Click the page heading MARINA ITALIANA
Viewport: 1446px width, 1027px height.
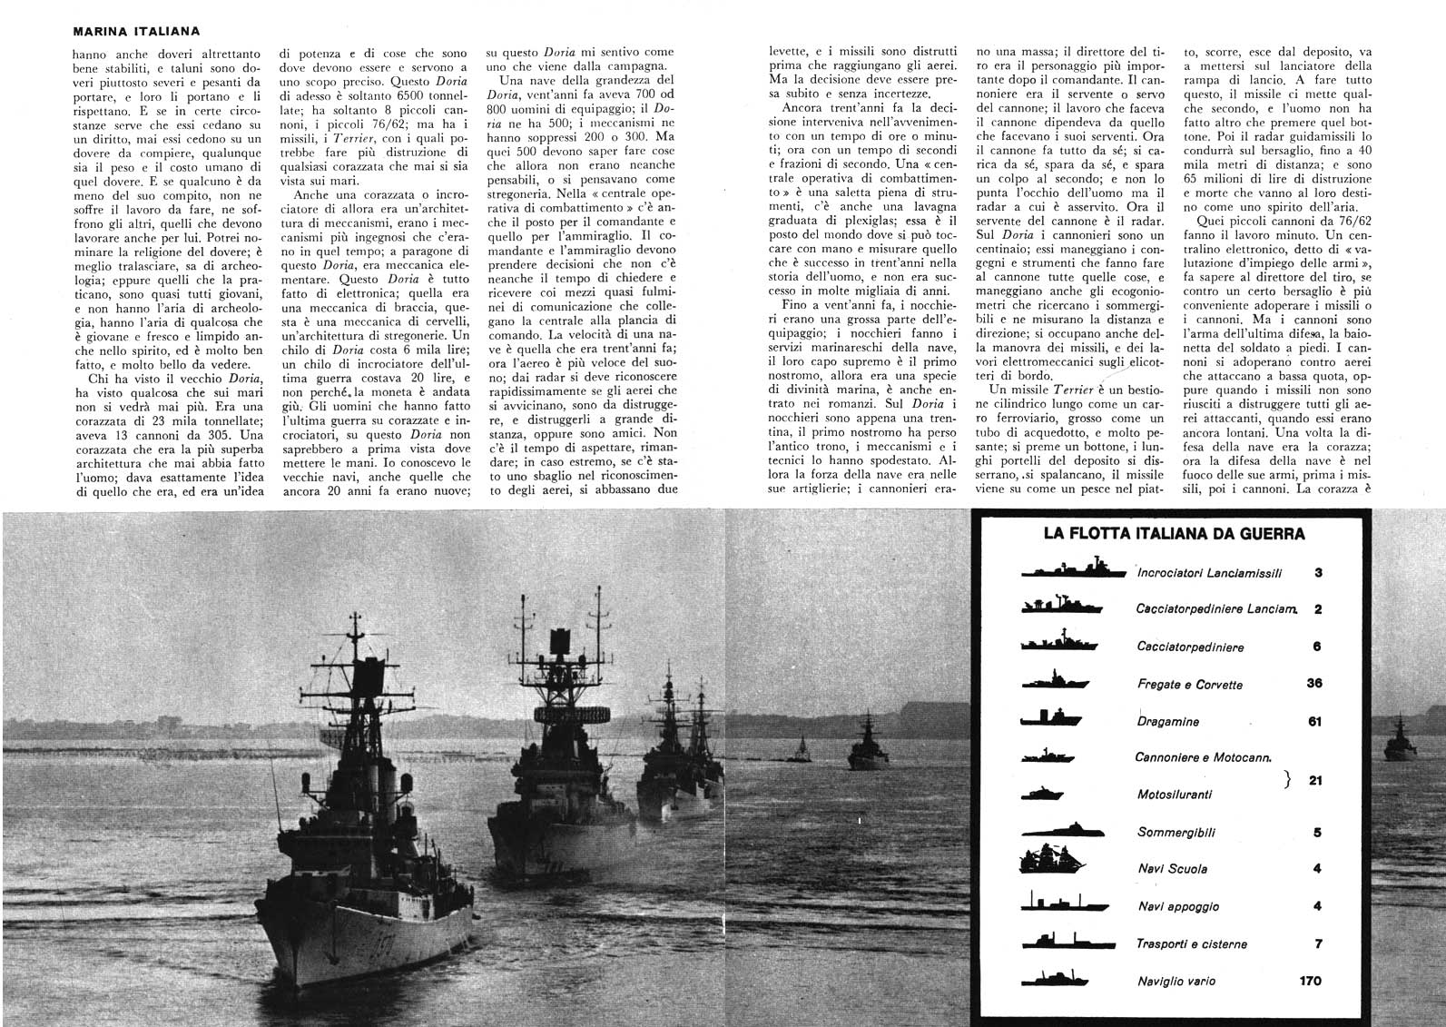click(137, 32)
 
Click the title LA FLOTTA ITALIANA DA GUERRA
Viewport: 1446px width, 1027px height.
click(1175, 534)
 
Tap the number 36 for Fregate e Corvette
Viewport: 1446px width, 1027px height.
click(1313, 684)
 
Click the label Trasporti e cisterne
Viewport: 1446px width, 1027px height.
click(1192, 944)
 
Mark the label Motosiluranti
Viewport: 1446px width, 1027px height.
click(1175, 795)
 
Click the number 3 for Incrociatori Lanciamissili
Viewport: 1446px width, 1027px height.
click(1318, 573)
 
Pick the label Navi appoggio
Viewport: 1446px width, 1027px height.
click(1178, 907)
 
